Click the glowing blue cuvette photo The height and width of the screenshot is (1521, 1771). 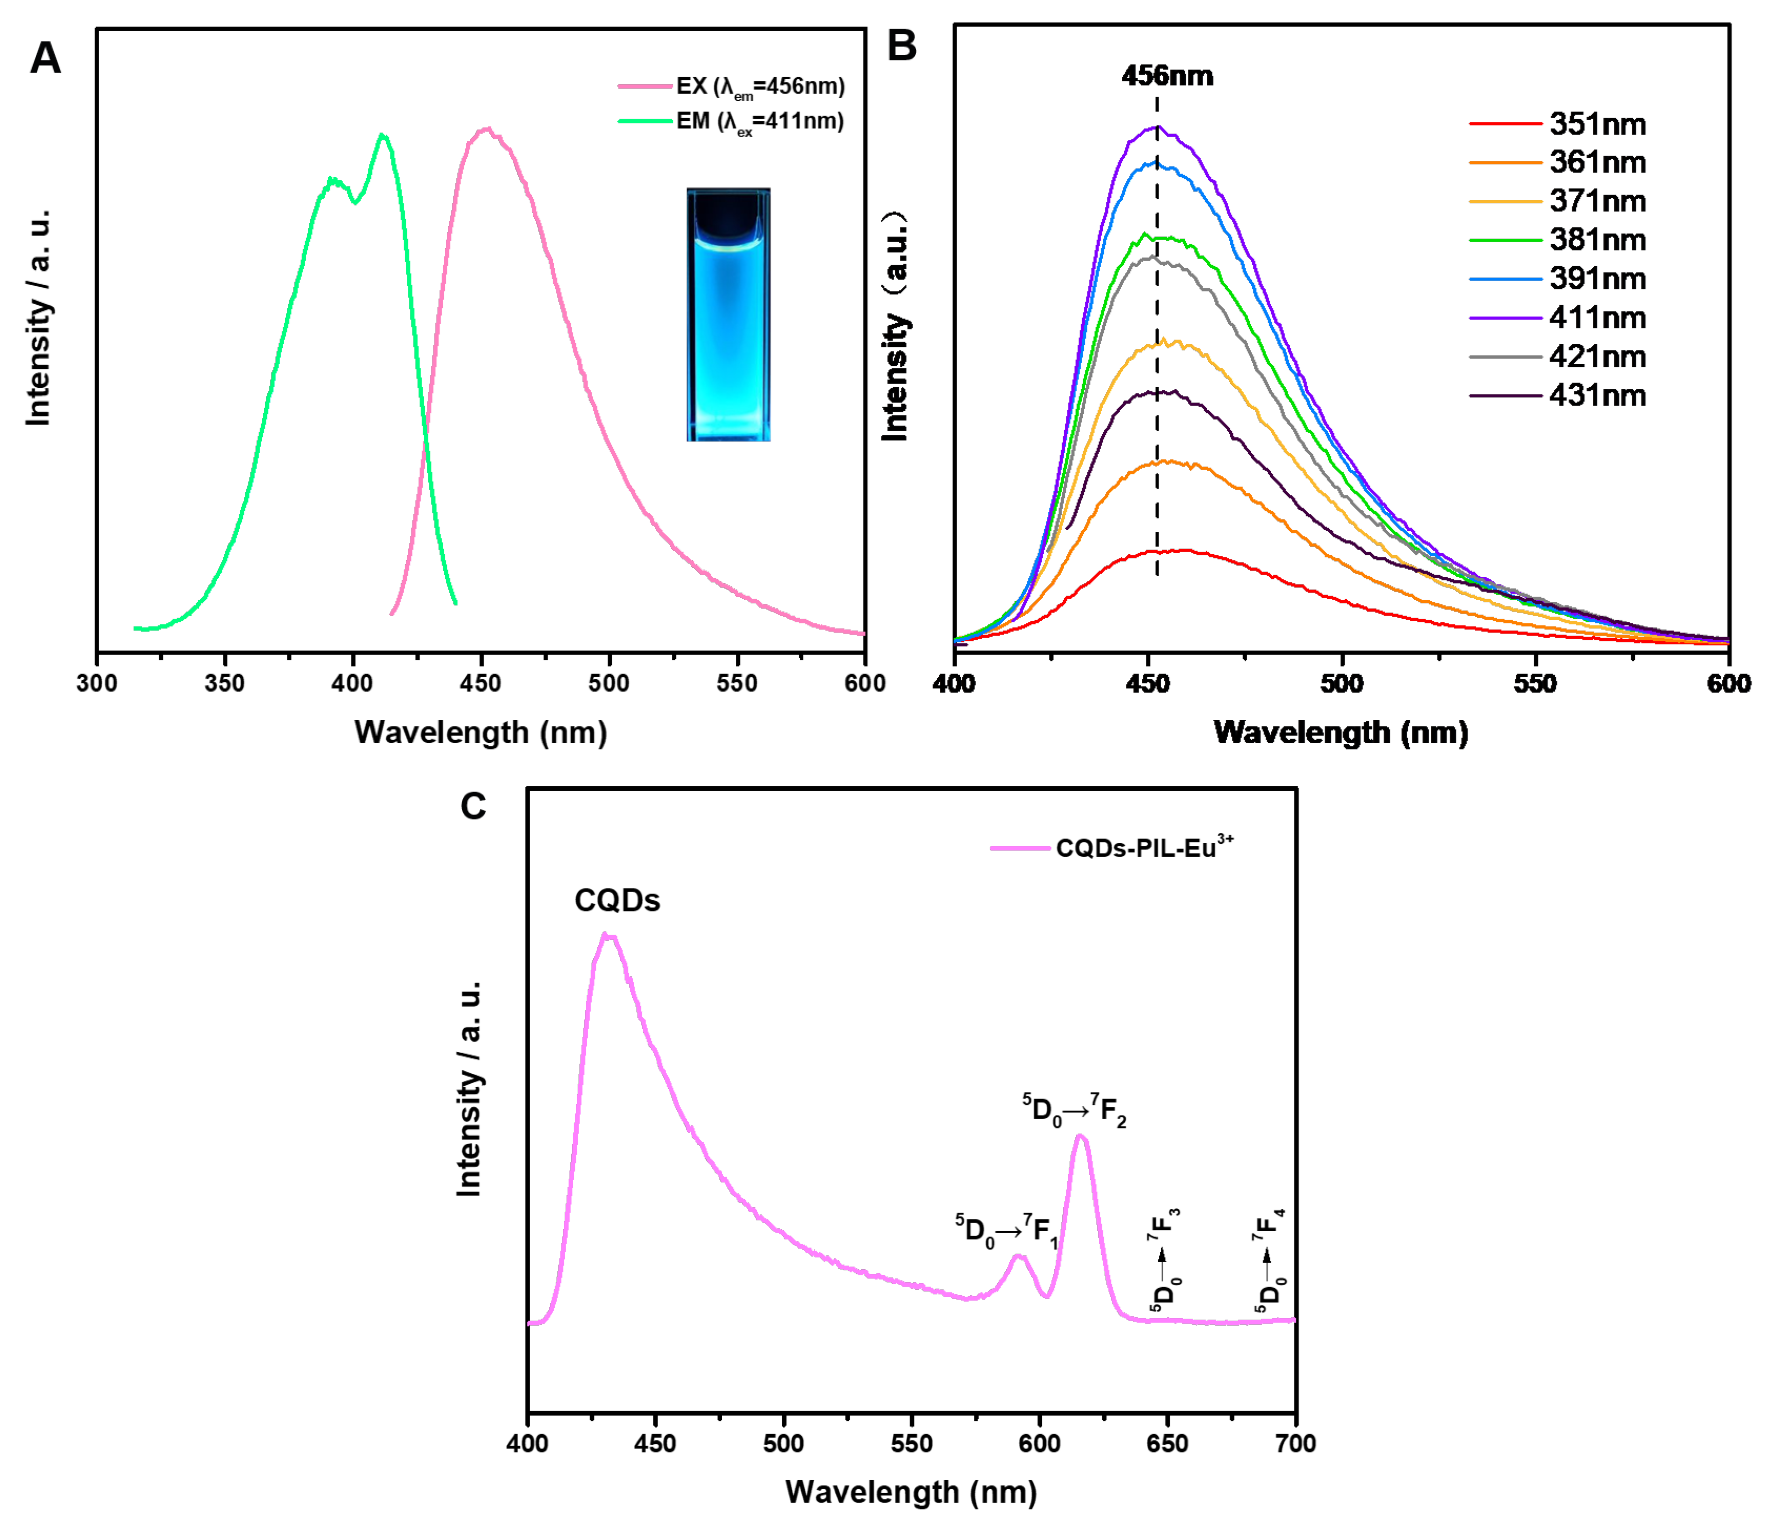tap(728, 314)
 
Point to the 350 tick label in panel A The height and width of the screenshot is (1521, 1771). tap(225, 683)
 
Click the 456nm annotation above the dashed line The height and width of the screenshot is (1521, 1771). tap(1166, 76)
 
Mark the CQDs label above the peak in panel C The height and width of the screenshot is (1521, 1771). tap(617, 900)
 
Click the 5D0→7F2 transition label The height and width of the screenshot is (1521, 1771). tap(1075, 1110)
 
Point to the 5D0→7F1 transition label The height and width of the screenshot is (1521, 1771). tap(1007, 1230)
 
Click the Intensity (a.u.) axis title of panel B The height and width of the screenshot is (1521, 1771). tap(895, 327)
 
